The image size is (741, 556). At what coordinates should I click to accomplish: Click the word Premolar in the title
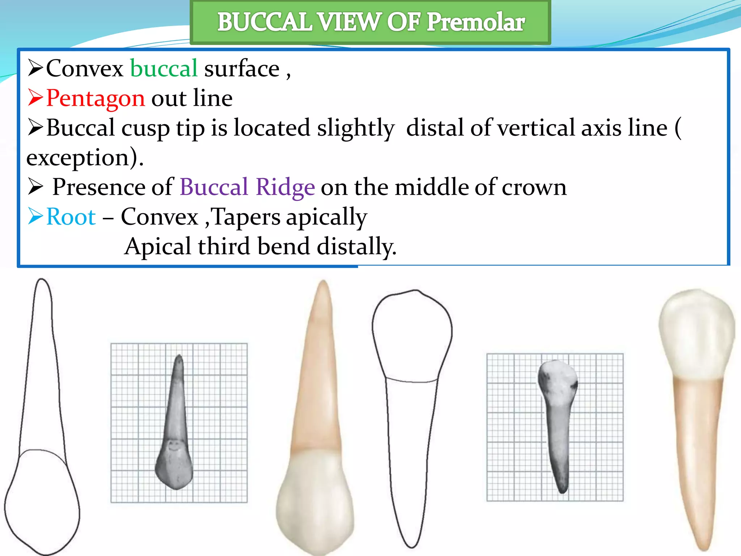[476, 22]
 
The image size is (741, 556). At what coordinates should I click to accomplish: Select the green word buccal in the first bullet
[164, 69]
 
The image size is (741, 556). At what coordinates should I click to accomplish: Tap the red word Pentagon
[96, 98]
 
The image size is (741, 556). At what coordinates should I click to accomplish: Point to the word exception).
[85, 158]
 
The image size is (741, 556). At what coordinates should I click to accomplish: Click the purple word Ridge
[285, 188]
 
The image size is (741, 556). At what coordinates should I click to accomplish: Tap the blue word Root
[71, 217]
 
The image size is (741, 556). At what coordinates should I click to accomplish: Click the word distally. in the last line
[356, 247]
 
